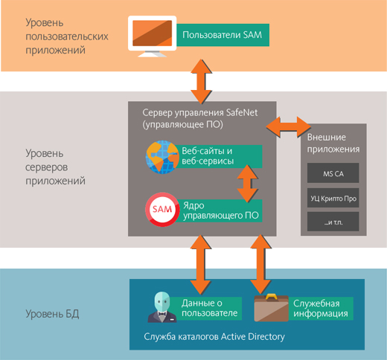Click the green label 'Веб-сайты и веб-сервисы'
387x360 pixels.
pos(221,155)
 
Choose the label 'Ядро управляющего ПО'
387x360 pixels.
pos(221,210)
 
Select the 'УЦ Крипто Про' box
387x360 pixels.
pos(333,199)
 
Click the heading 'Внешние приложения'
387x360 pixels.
pos(333,142)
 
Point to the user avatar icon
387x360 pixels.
pos(163,307)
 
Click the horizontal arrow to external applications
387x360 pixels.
pos(292,126)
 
